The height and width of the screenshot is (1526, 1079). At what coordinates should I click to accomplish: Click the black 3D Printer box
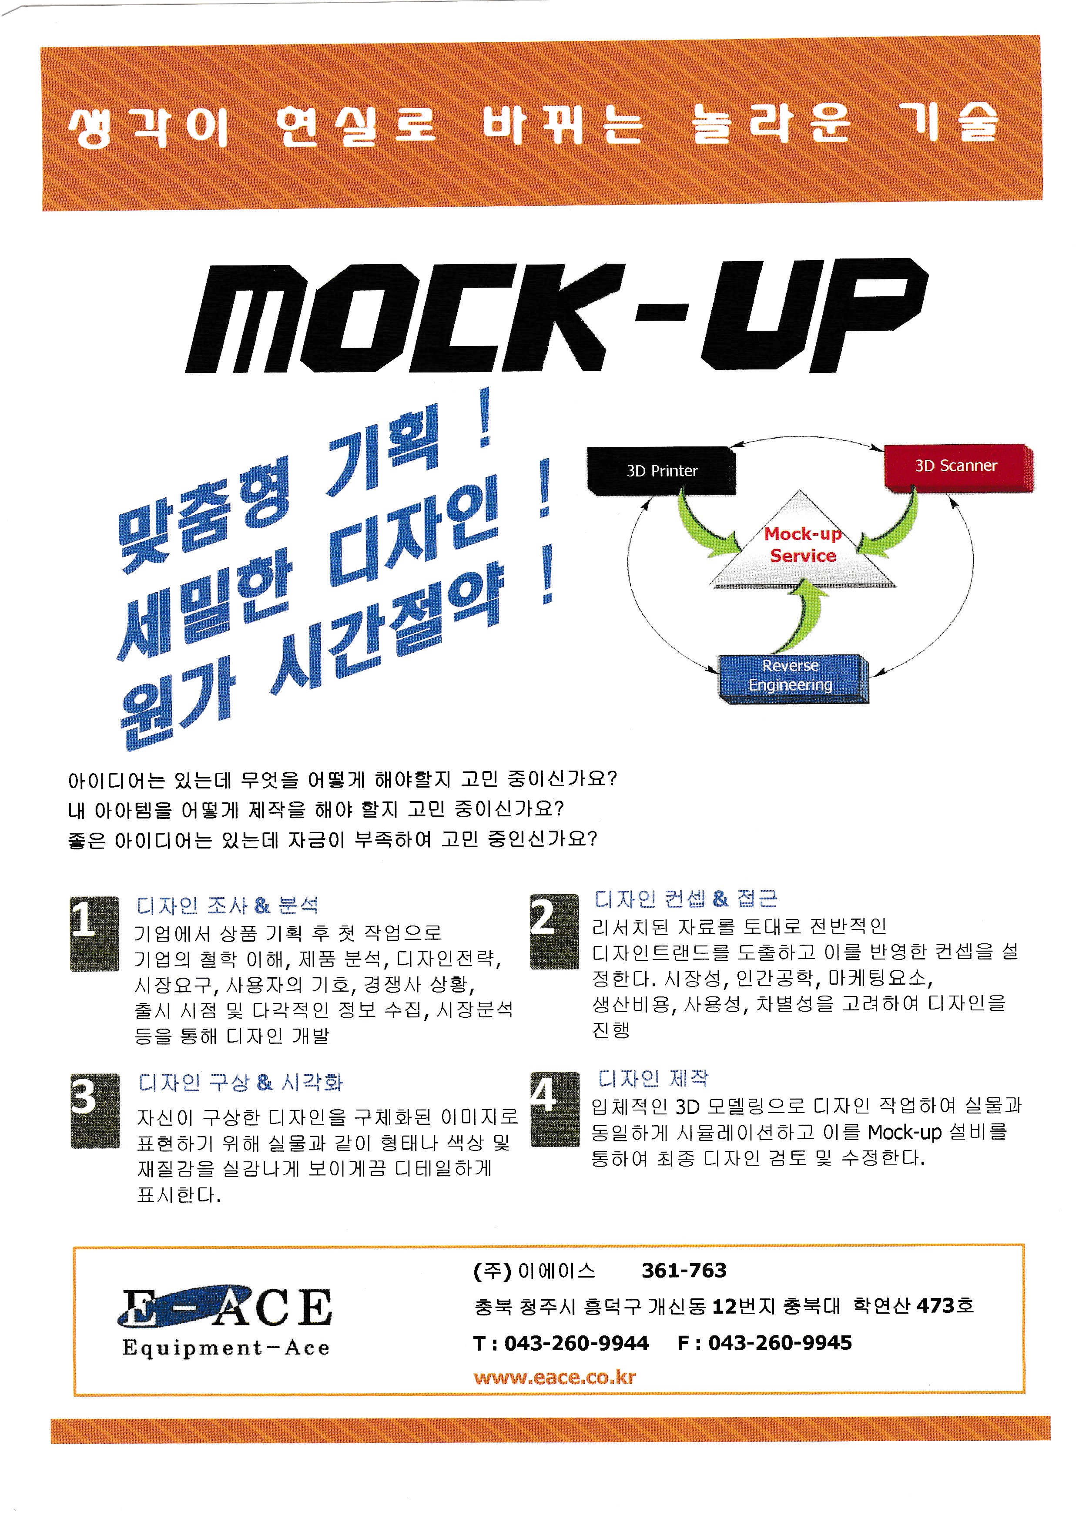coord(661,470)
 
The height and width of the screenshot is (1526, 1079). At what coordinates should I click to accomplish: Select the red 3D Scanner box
coord(957,466)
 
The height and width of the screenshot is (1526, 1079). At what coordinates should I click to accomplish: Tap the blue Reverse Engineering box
coord(791,676)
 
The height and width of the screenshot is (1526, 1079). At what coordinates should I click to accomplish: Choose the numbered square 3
coord(95,1110)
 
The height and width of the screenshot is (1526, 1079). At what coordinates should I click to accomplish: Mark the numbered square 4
coord(554,1109)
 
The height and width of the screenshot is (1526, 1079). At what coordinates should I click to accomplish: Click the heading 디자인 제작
coord(654,1078)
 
